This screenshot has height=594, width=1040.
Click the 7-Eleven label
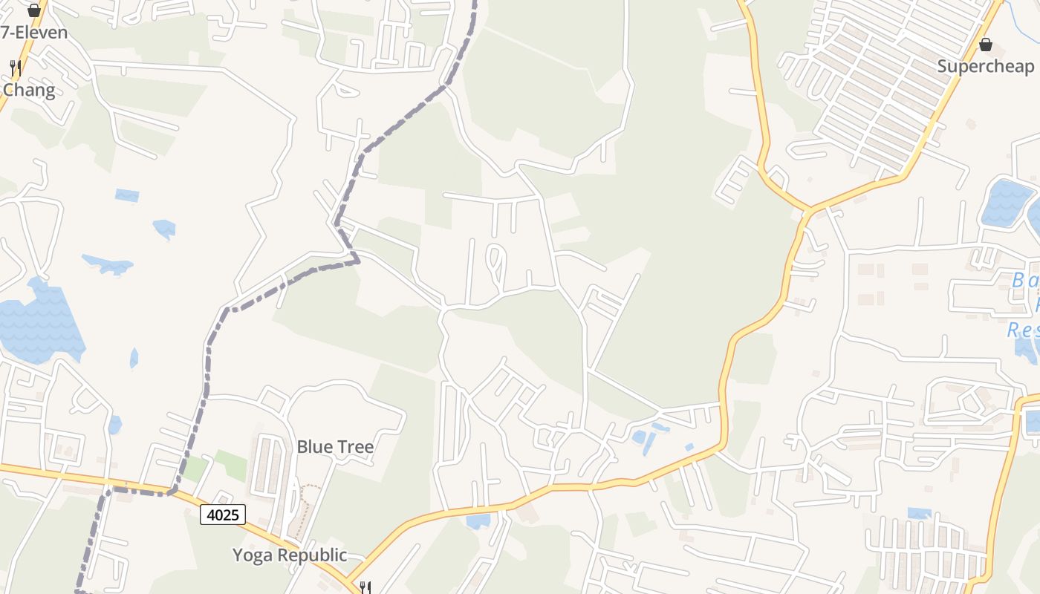pyautogui.click(x=34, y=33)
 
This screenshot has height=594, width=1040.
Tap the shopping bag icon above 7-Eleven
pyautogui.click(x=33, y=10)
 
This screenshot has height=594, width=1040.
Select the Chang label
pyautogui.click(x=29, y=91)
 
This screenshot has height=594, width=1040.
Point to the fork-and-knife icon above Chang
pyautogui.click(x=15, y=68)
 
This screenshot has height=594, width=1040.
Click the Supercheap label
pyautogui.click(x=985, y=66)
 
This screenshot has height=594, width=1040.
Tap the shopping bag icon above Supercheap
pyautogui.click(x=986, y=45)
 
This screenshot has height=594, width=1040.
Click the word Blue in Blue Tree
pyautogui.click(x=313, y=447)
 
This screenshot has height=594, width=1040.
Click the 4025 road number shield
pyautogui.click(x=223, y=514)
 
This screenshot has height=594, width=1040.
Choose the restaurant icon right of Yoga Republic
pyautogui.click(x=365, y=587)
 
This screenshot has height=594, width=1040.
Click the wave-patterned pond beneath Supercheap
pyautogui.click(x=1007, y=202)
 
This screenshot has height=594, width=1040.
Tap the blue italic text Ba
pyautogui.click(x=1025, y=281)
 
